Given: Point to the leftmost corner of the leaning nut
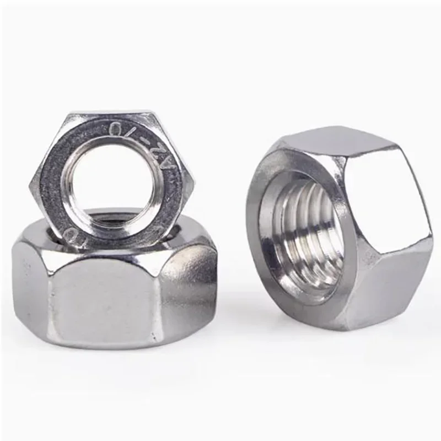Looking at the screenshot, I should pos(31,179).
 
